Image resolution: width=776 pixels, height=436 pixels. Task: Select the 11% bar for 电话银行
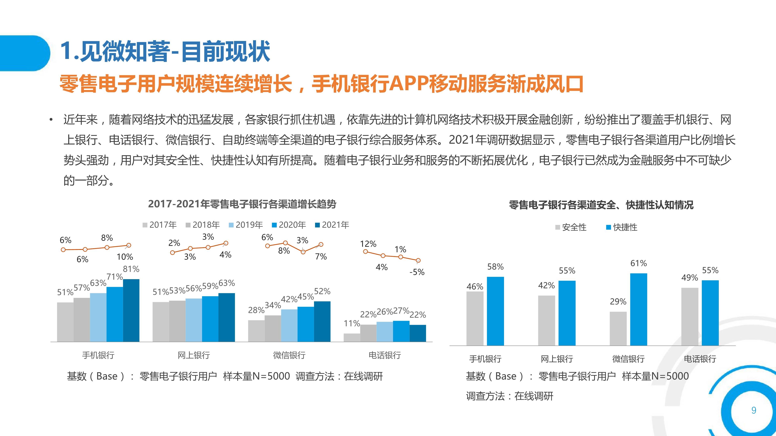point(352,338)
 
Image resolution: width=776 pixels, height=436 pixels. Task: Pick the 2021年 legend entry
point(332,225)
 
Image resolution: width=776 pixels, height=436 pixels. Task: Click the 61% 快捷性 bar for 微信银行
point(639,309)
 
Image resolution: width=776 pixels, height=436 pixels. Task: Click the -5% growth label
point(417,272)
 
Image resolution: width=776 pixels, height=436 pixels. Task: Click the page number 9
point(754,410)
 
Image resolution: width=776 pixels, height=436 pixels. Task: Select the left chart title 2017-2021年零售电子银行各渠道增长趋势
point(242,204)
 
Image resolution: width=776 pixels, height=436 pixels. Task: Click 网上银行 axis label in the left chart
point(194,355)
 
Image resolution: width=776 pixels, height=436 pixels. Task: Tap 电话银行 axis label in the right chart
point(700,359)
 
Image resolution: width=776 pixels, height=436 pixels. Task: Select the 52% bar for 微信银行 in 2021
point(322,321)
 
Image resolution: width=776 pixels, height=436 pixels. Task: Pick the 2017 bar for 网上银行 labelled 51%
point(161,322)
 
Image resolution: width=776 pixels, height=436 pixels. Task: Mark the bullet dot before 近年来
point(51,120)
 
